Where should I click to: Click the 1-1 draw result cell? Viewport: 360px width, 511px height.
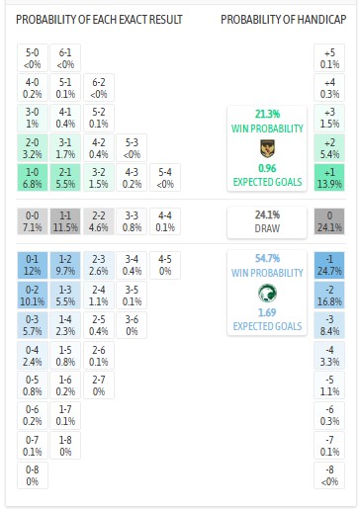pos(65,219)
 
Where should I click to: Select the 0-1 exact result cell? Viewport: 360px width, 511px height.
pos(33,265)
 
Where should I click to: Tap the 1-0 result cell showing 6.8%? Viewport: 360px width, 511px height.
pos(33,178)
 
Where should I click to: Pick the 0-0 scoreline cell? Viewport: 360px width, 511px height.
pos(33,219)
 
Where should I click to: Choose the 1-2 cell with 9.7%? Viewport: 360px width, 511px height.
pos(65,265)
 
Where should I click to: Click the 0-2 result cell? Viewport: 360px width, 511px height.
pos(33,294)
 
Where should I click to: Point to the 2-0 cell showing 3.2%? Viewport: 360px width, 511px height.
pos(33,149)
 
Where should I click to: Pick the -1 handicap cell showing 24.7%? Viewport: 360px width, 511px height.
pos(329,265)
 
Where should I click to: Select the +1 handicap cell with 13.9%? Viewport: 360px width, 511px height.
pos(329,178)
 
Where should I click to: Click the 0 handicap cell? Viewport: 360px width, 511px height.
pos(329,219)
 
